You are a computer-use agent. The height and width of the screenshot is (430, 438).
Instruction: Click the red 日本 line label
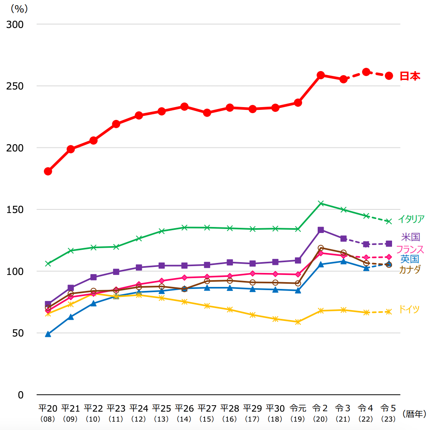point(410,76)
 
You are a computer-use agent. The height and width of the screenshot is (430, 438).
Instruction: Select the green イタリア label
point(411,219)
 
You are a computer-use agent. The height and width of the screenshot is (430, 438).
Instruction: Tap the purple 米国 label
point(410,237)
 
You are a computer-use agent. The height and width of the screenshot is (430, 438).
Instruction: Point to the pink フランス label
point(410,249)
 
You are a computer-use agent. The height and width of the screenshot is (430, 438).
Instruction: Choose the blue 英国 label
point(410,259)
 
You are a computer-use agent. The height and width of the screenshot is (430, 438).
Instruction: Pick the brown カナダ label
point(410,269)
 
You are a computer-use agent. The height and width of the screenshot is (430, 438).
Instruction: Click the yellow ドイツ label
point(409,309)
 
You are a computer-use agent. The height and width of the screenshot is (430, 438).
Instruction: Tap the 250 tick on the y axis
point(16,86)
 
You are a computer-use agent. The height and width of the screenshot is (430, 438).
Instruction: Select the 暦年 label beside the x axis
point(414,414)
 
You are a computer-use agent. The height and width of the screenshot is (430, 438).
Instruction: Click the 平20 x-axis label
point(48,408)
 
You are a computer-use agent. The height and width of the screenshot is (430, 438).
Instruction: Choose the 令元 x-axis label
point(298,408)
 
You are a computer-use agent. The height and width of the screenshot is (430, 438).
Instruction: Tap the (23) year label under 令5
point(388,419)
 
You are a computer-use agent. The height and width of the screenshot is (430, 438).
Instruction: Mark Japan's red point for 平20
point(48,171)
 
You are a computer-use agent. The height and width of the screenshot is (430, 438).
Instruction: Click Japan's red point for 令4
point(366,72)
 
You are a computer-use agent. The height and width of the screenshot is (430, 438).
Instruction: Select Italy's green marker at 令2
point(321,203)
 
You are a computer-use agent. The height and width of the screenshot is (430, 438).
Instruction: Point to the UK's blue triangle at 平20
point(48,334)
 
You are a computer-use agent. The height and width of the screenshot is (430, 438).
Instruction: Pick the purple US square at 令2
point(321,230)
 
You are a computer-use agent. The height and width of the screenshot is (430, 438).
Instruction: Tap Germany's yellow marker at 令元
point(298,322)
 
